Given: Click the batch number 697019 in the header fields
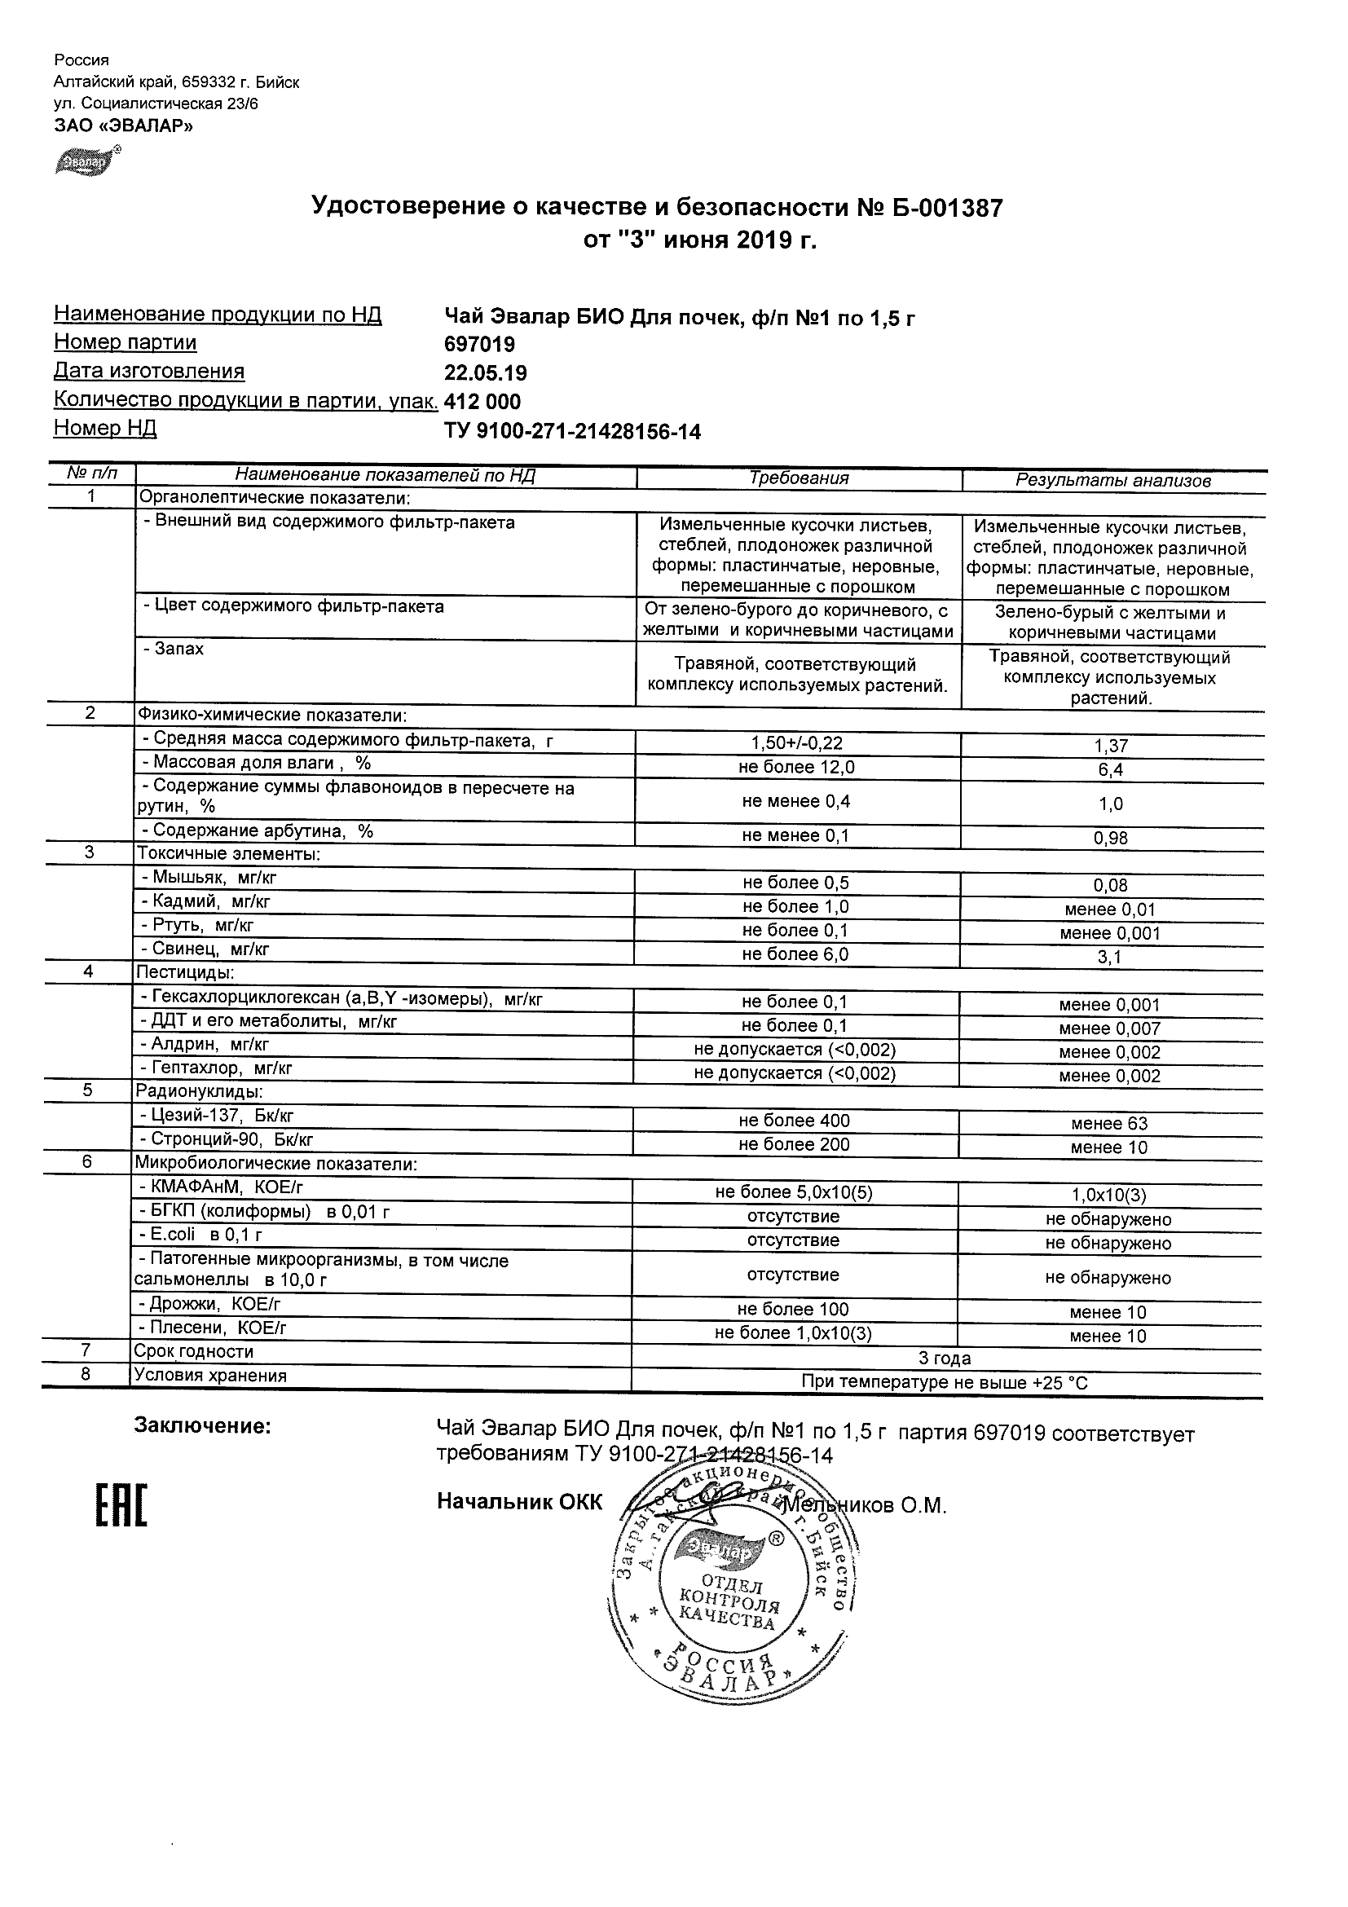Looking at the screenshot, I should (480, 345).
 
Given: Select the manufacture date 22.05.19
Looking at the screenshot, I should (486, 373).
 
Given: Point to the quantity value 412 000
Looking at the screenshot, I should (483, 402).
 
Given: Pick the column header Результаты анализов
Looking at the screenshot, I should (1113, 480).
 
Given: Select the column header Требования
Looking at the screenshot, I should (799, 478).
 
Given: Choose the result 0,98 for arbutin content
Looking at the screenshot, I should (1112, 838).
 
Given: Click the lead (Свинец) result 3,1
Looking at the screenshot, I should (1110, 957).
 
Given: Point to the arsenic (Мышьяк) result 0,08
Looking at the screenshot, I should (1111, 885).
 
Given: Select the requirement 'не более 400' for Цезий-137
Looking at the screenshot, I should (795, 1121).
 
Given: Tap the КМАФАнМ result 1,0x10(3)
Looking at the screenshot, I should (1108, 1196).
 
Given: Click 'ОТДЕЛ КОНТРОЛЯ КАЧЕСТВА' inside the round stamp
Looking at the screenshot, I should (729, 1608).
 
